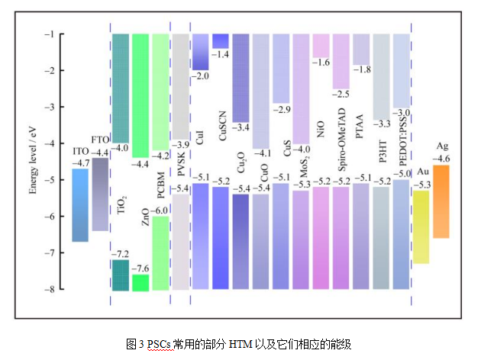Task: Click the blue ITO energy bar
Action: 80,205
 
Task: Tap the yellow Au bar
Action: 421,227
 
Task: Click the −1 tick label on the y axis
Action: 48,34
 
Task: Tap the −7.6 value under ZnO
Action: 140,268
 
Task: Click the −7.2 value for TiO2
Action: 121,253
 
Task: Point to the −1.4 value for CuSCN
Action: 221,53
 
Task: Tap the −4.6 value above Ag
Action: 441,159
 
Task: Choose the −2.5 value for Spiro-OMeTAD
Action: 341,94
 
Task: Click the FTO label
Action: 100,140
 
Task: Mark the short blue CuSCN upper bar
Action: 221,41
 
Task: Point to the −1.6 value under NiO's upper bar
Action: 321,63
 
